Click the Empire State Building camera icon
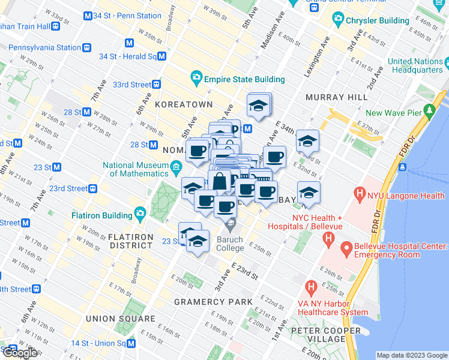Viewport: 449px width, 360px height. (196, 79)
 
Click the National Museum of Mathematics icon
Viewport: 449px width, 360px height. (176, 166)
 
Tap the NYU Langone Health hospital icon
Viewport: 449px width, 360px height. (360, 194)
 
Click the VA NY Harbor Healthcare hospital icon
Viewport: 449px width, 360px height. (310, 287)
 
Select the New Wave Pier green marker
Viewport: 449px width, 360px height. (429, 112)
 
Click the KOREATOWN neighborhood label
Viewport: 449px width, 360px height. (184, 104)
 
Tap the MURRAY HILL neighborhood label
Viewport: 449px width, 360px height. (336, 97)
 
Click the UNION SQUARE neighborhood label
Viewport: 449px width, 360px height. (120, 319)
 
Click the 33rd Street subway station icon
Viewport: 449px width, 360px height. (156, 85)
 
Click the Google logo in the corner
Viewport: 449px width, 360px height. (19, 353)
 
